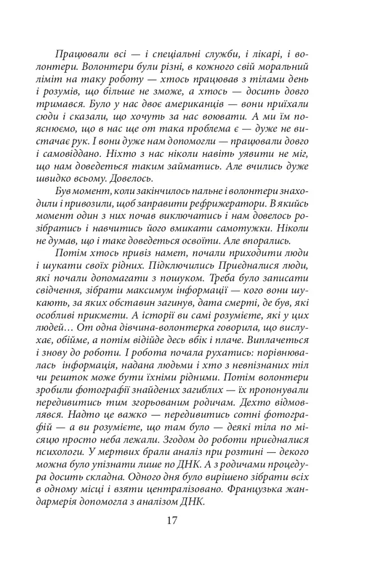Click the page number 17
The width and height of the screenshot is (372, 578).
172,520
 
